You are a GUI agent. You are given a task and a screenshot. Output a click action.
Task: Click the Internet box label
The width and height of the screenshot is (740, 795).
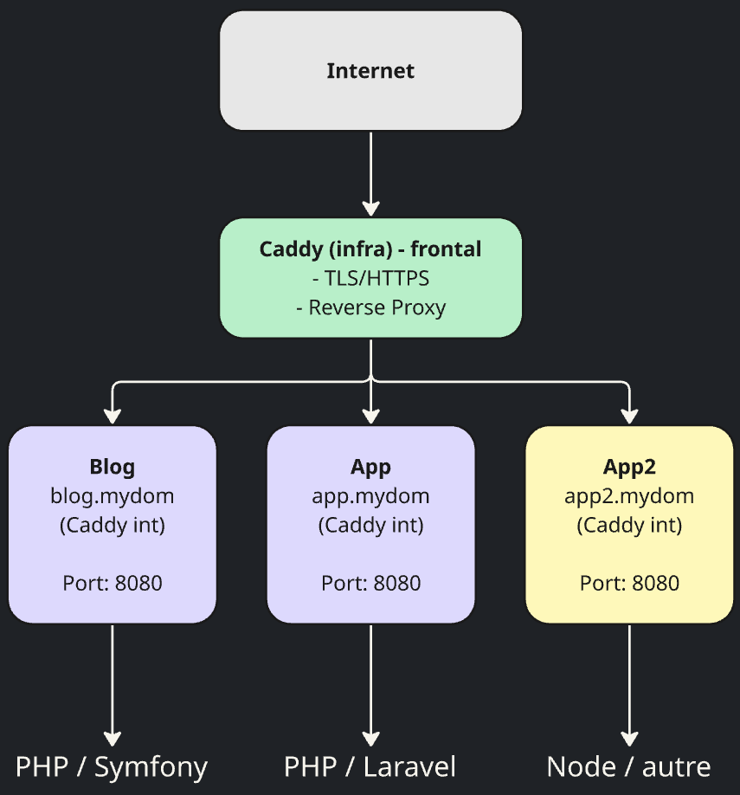[370, 71]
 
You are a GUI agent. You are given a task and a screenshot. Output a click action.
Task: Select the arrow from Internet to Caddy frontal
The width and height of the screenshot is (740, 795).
[370, 173]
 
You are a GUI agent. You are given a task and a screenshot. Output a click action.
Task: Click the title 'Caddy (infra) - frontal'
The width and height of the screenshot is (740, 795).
[370, 249]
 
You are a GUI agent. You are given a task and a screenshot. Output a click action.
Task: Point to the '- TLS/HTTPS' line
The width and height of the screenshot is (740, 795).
[370, 278]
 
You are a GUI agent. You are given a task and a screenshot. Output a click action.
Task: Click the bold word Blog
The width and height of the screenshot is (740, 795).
[113, 467]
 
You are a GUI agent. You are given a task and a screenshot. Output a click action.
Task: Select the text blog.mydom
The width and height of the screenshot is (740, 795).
[113, 496]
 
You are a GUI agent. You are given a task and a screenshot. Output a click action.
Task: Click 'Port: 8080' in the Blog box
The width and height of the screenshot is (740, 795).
[113, 583]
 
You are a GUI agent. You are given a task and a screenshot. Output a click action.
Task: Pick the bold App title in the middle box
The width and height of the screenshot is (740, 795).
[370, 467]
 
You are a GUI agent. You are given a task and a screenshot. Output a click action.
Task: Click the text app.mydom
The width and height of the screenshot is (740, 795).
[370, 496]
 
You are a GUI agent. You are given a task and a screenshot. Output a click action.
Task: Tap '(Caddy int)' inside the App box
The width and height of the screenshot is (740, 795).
[370, 525]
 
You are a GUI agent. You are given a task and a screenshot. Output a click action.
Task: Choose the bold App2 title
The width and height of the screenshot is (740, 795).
[629, 467]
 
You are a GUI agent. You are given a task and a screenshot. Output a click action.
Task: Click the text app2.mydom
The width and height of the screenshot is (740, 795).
[629, 496]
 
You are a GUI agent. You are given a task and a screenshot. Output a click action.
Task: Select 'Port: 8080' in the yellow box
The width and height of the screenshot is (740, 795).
[629, 583]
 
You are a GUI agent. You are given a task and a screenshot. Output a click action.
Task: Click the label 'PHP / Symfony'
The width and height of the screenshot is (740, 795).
[113, 766]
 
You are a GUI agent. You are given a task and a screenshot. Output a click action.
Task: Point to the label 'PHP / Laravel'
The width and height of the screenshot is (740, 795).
[370, 766]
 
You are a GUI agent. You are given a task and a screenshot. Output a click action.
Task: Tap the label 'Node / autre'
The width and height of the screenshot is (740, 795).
[629, 766]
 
